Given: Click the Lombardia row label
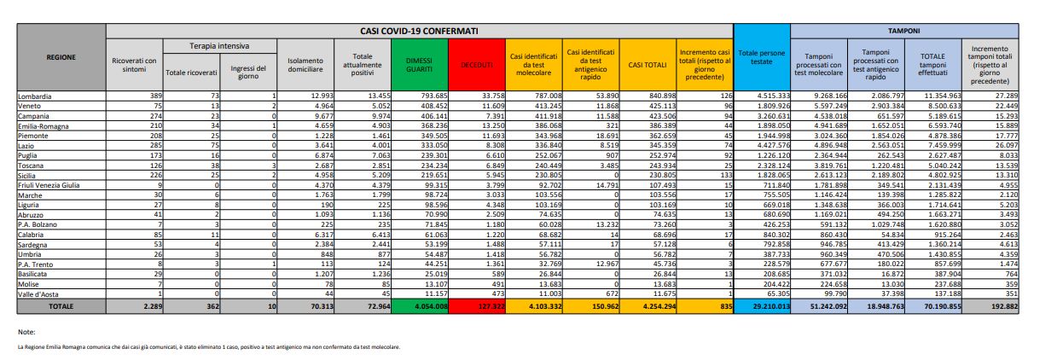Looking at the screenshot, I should [x=34, y=96].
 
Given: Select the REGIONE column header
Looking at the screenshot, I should [x=61, y=57].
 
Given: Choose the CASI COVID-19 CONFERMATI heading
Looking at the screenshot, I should [x=418, y=30].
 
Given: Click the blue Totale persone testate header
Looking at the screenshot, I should [x=762, y=58].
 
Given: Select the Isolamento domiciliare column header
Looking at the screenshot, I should [x=305, y=64].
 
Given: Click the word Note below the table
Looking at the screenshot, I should [x=26, y=331].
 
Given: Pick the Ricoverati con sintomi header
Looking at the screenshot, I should [x=134, y=64].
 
